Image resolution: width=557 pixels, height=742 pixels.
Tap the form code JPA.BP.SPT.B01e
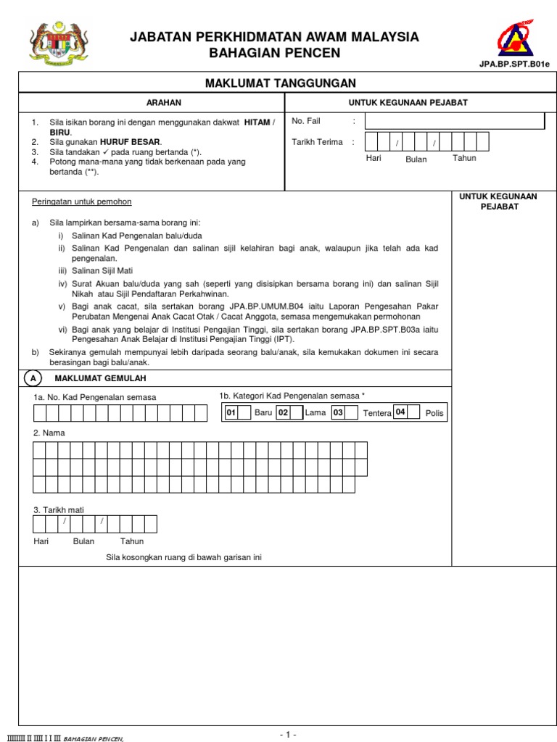coord(513,64)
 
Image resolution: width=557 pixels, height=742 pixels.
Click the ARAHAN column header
coord(164,103)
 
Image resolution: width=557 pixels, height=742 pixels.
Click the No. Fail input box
coord(455,121)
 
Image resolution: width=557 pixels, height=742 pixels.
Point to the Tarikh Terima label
coord(317,142)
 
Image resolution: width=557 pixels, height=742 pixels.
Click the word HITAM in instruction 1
coord(257,123)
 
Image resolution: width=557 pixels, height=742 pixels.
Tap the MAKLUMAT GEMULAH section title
coord(101,379)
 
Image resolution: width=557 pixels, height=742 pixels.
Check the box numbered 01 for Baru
coord(233,412)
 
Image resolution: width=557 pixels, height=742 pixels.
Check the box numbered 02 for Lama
coord(284,412)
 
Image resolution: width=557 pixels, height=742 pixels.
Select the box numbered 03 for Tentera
coord(338,412)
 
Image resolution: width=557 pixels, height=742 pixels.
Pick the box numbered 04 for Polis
coord(401,412)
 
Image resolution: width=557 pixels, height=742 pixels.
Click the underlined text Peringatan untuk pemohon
coord(82,201)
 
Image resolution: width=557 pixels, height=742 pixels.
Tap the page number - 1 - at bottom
coord(288,735)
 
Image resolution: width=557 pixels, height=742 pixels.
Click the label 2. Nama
coord(49,433)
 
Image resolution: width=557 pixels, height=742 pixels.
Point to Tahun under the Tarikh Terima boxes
coord(464,158)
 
